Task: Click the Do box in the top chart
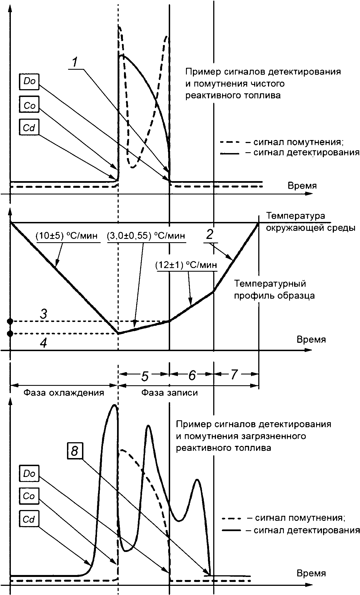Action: coord(29,82)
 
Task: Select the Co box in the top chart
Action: coord(29,104)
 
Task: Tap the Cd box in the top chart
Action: coord(29,127)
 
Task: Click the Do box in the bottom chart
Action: coord(29,474)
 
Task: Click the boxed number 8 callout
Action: coord(75,451)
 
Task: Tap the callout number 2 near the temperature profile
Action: coord(210,235)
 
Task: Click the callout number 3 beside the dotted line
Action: coord(43,314)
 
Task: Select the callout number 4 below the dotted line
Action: coord(43,343)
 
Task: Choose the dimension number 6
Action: coord(192,376)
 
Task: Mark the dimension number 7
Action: coord(234,375)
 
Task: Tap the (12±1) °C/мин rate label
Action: coord(186,265)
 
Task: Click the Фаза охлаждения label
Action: coord(64,392)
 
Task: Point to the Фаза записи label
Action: coord(170,392)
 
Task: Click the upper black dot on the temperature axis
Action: coord(10,321)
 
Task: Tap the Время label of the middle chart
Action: coord(311,339)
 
